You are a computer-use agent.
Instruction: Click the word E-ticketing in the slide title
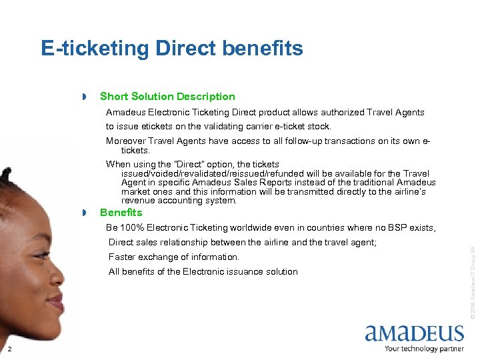coord(95,48)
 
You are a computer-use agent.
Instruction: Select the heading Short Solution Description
coord(167,97)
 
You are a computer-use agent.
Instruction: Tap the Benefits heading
coord(121,213)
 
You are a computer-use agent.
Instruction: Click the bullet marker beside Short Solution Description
coord(85,98)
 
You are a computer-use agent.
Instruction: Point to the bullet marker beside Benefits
coord(85,213)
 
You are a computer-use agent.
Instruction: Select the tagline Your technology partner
coord(424,348)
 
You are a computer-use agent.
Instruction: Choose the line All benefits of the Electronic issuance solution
coord(203,271)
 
